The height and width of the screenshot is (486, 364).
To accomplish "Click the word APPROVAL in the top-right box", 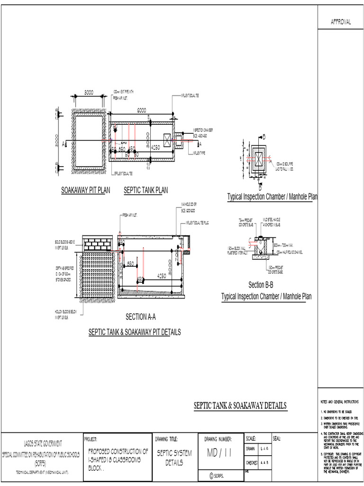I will click(340, 22).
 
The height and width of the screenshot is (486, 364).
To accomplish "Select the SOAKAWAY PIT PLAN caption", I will click(85, 190).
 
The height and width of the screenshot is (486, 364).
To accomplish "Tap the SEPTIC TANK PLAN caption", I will click(146, 190).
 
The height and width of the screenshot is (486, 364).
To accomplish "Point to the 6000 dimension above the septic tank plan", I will click(142, 110).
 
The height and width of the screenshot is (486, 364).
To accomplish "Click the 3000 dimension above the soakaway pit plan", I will click(88, 93).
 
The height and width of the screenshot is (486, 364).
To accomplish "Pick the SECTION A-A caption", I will click(140, 317).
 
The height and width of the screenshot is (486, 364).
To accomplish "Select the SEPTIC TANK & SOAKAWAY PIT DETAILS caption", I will click(135, 332).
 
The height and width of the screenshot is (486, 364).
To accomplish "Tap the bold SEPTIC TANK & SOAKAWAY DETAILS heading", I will click(240, 406).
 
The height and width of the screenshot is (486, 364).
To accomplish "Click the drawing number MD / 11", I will click(218, 453).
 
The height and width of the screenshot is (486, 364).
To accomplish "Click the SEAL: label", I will click(278, 438).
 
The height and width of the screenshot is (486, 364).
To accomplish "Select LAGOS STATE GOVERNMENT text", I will click(43, 443).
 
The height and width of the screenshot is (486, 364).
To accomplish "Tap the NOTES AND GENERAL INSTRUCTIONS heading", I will click(340, 402).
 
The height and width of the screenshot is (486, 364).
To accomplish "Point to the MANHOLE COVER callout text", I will click(189, 205).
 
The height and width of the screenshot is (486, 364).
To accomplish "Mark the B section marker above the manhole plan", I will click(264, 137).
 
